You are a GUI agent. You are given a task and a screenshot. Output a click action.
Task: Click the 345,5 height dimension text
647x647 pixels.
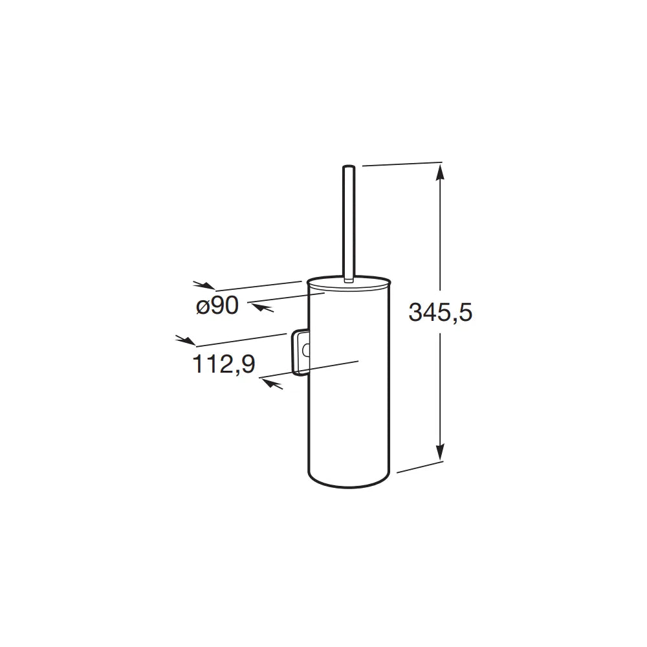440,312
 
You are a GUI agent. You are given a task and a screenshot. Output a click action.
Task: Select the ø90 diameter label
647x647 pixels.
217,306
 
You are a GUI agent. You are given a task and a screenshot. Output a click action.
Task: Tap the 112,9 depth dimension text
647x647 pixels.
224,364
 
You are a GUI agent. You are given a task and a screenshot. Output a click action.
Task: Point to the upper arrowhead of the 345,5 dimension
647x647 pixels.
441,171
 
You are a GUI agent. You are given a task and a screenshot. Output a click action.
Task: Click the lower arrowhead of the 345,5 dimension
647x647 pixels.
441,452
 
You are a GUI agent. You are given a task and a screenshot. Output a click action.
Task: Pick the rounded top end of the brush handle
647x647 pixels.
349,167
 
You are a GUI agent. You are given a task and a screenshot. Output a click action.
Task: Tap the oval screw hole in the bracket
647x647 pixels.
306,351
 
